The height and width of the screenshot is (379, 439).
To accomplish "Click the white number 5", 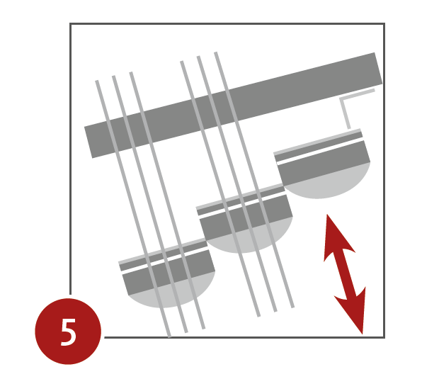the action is [x=68, y=332].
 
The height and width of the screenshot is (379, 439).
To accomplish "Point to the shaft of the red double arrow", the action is [x=345, y=274].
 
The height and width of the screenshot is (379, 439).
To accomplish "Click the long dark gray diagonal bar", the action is [x=233, y=106].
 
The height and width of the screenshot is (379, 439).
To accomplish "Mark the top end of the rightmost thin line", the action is [x=215, y=52].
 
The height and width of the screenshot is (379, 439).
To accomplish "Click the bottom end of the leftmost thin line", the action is [x=170, y=337].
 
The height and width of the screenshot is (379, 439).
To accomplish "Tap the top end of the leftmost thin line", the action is [x=96, y=81].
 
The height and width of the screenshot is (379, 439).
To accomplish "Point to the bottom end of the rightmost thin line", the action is [x=293, y=307].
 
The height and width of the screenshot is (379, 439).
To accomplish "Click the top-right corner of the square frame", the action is [x=384, y=24].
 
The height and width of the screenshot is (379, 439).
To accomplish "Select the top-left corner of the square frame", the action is [x=70, y=24].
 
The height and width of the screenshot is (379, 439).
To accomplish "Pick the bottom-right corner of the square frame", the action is [x=384, y=337].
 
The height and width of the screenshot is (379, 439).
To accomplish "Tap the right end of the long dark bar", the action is [x=379, y=68].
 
